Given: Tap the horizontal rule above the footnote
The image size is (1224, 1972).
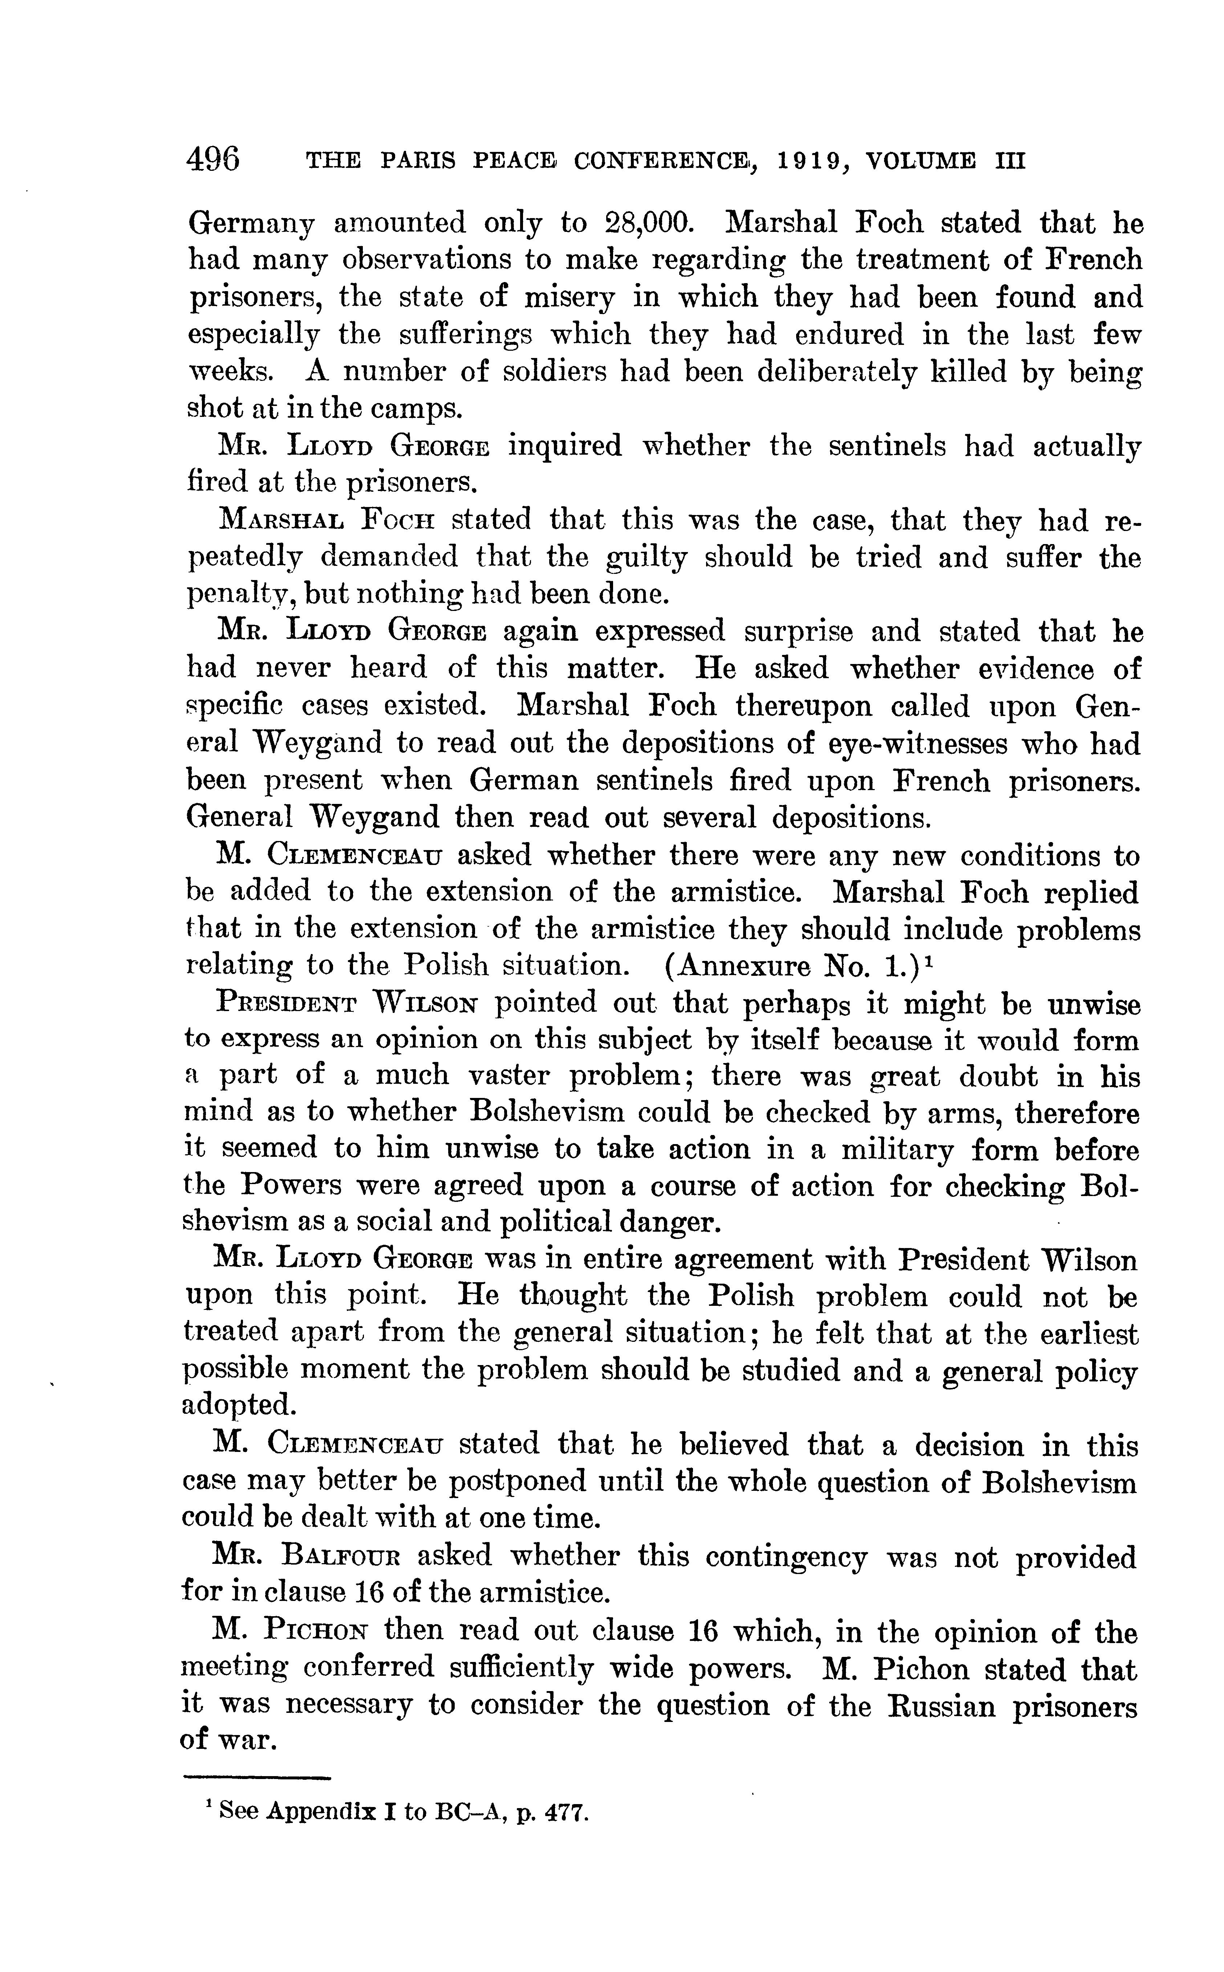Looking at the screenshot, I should [258, 1778].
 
